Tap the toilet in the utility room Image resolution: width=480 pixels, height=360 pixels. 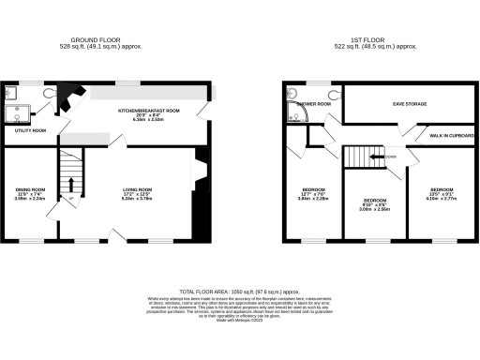click(x=48, y=92)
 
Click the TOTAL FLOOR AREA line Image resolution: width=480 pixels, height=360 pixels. click(x=240, y=293)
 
